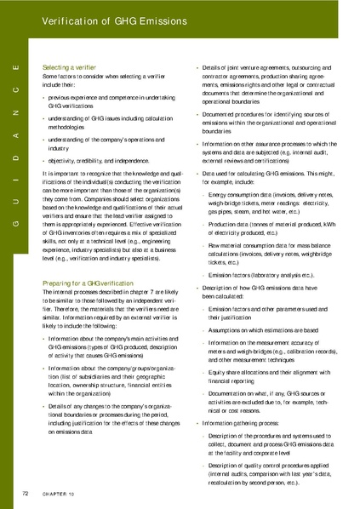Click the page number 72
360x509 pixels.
[x=27, y=493]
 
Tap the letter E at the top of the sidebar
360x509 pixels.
[x=17, y=67]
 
